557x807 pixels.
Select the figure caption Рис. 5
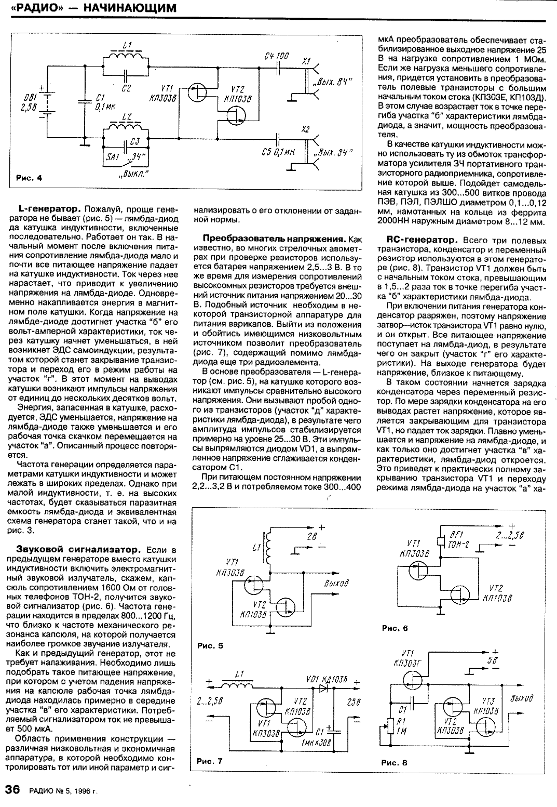(x=210, y=646)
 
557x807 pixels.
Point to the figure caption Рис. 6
(x=395, y=628)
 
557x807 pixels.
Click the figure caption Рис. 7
(x=210, y=761)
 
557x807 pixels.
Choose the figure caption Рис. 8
(x=395, y=763)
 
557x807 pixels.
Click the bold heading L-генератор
(x=49, y=208)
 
